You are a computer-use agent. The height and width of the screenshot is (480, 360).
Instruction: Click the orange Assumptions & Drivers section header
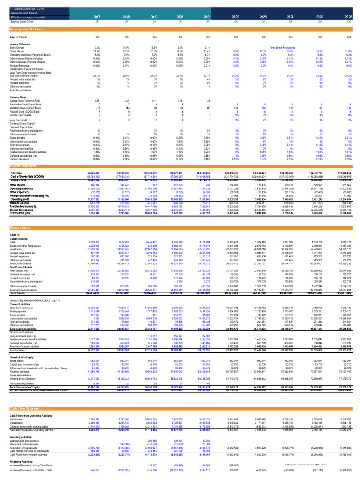pyautogui.click(x=28, y=29)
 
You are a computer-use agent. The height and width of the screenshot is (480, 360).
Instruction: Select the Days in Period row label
pyautogui.click(x=18, y=37)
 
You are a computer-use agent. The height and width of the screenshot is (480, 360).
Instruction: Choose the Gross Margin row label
pyautogui.click(x=16, y=50)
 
